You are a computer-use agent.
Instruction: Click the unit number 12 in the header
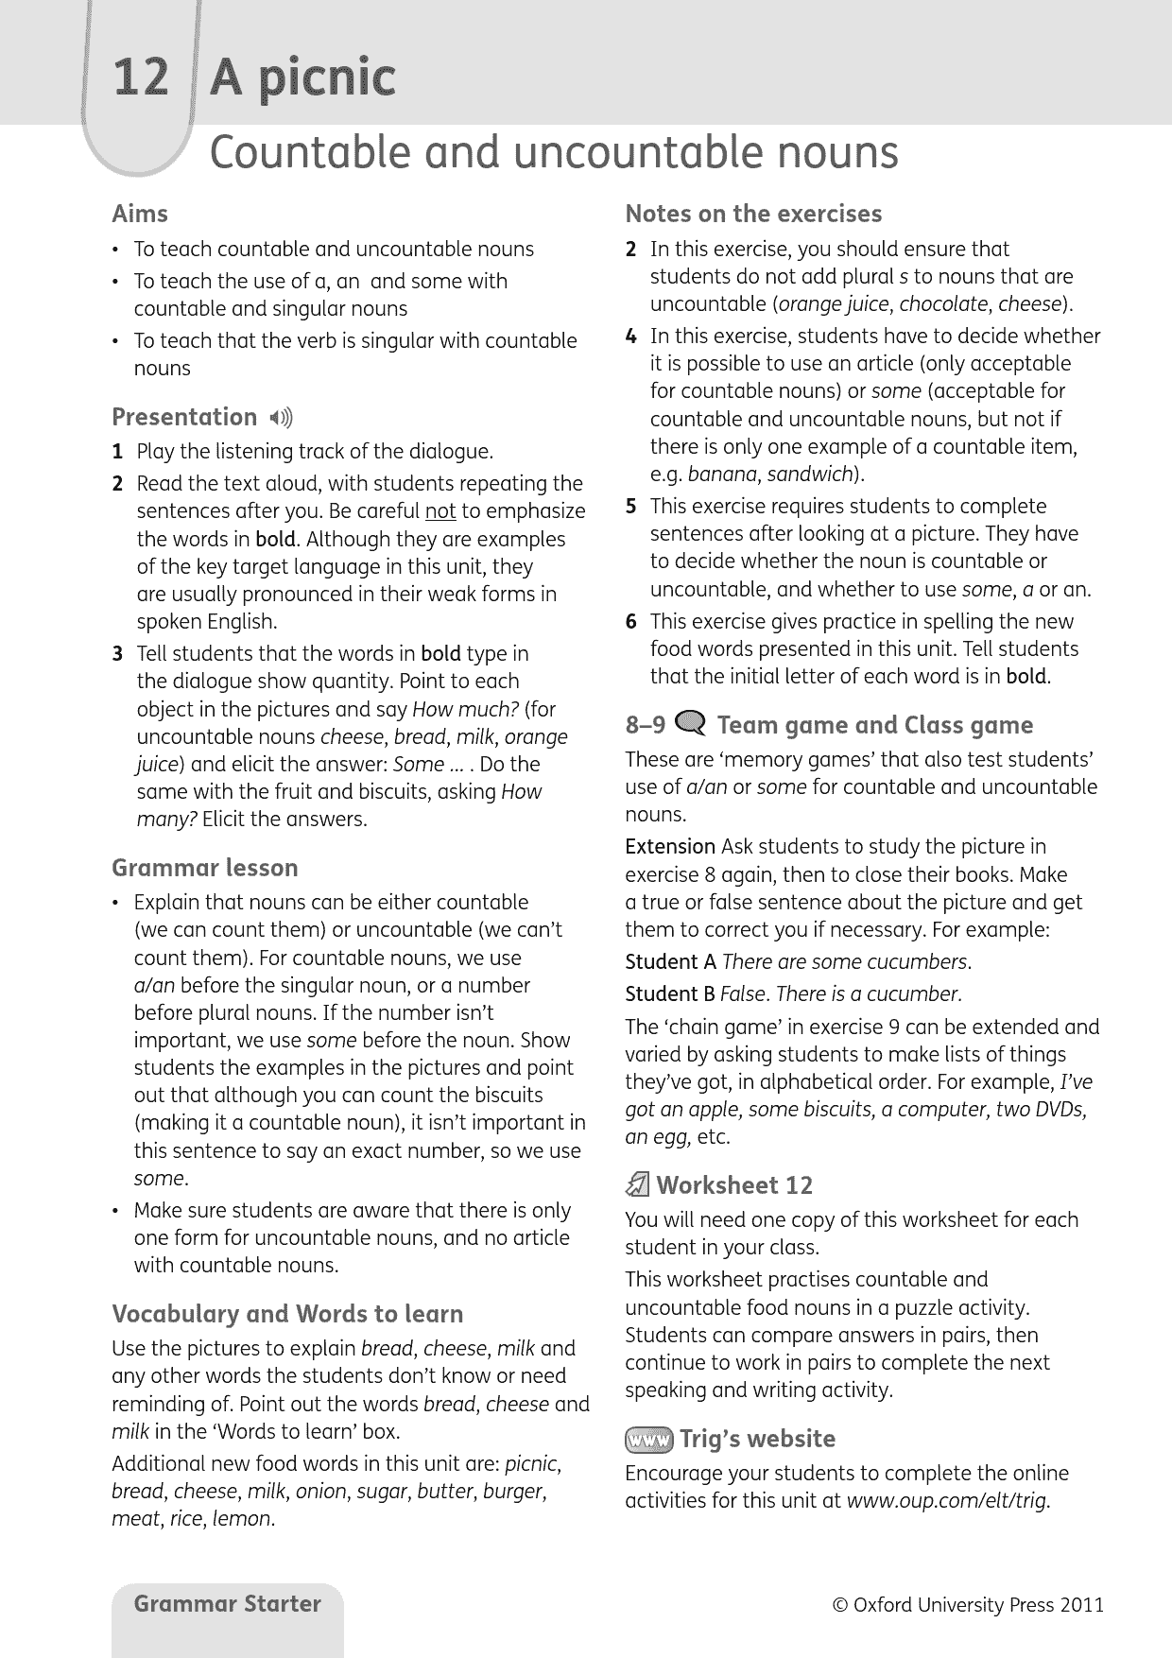pyautogui.click(x=141, y=78)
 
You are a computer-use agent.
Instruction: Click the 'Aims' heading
pyautogui.click(x=140, y=214)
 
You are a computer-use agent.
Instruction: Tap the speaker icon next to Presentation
pyautogui.click(x=281, y=418)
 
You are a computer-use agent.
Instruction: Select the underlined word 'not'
pyautogui.click(x=440, y=511)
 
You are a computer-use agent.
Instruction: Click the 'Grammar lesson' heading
pyautogui.click(x=204, y=868)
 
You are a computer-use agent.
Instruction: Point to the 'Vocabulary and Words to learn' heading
pyautogui.click(x=287, y=1314)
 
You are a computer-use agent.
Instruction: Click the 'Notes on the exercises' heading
pyautogui.click(x=753, y=214)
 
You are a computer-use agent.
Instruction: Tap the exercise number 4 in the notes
pyautogui.click(x=630, y=337)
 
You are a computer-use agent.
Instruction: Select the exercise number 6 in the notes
pyautogui.click(x=630, y=622)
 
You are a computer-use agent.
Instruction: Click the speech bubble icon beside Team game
pyautogui.click(x=691, y=724)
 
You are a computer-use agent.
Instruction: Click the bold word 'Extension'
pyautogui.click(x=670, y=847)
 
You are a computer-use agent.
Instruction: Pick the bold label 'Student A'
pyautogui.click(x=670, y=962)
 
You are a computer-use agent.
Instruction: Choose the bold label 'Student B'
pyautogui.click(x=670, y=994)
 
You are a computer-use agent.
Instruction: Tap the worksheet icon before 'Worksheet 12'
pyautogui.click(x=638, y=1185)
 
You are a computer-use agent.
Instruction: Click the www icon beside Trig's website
pyautogui.click(x=647, y=1440)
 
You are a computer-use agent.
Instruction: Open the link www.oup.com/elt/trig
pyautogui.click(x=948, y=1501)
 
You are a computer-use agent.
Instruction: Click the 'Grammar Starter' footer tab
pyautogui.click(x=227, y=1604)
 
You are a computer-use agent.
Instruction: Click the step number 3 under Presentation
pyautogui.click(x=117, y=654)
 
